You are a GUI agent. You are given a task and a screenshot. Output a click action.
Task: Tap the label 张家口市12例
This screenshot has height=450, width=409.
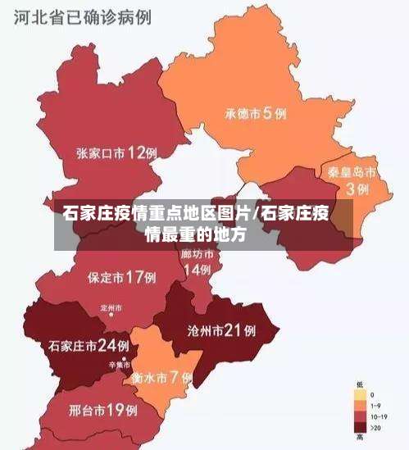click(x=116, y=152)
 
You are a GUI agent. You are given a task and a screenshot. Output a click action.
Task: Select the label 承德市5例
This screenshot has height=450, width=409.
click(x=255, y=114)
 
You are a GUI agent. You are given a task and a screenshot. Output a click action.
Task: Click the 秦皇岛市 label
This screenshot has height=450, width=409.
click(x=352, y=173)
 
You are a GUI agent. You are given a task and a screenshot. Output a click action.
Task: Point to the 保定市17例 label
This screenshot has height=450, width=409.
click(x=121, y=277)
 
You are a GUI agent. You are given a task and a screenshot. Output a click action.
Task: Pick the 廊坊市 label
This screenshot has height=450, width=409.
click(x=197, y=255)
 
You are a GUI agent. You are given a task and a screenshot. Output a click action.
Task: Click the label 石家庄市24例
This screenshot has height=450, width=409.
click(x=89, y=345)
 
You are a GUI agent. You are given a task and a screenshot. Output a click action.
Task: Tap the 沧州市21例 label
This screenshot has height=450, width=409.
click(x=221, y=331)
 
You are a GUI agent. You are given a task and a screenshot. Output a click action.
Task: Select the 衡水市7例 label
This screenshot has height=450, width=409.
click(x=161, y=378)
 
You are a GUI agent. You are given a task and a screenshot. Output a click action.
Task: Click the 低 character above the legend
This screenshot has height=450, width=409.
click(x=360, y=384)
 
